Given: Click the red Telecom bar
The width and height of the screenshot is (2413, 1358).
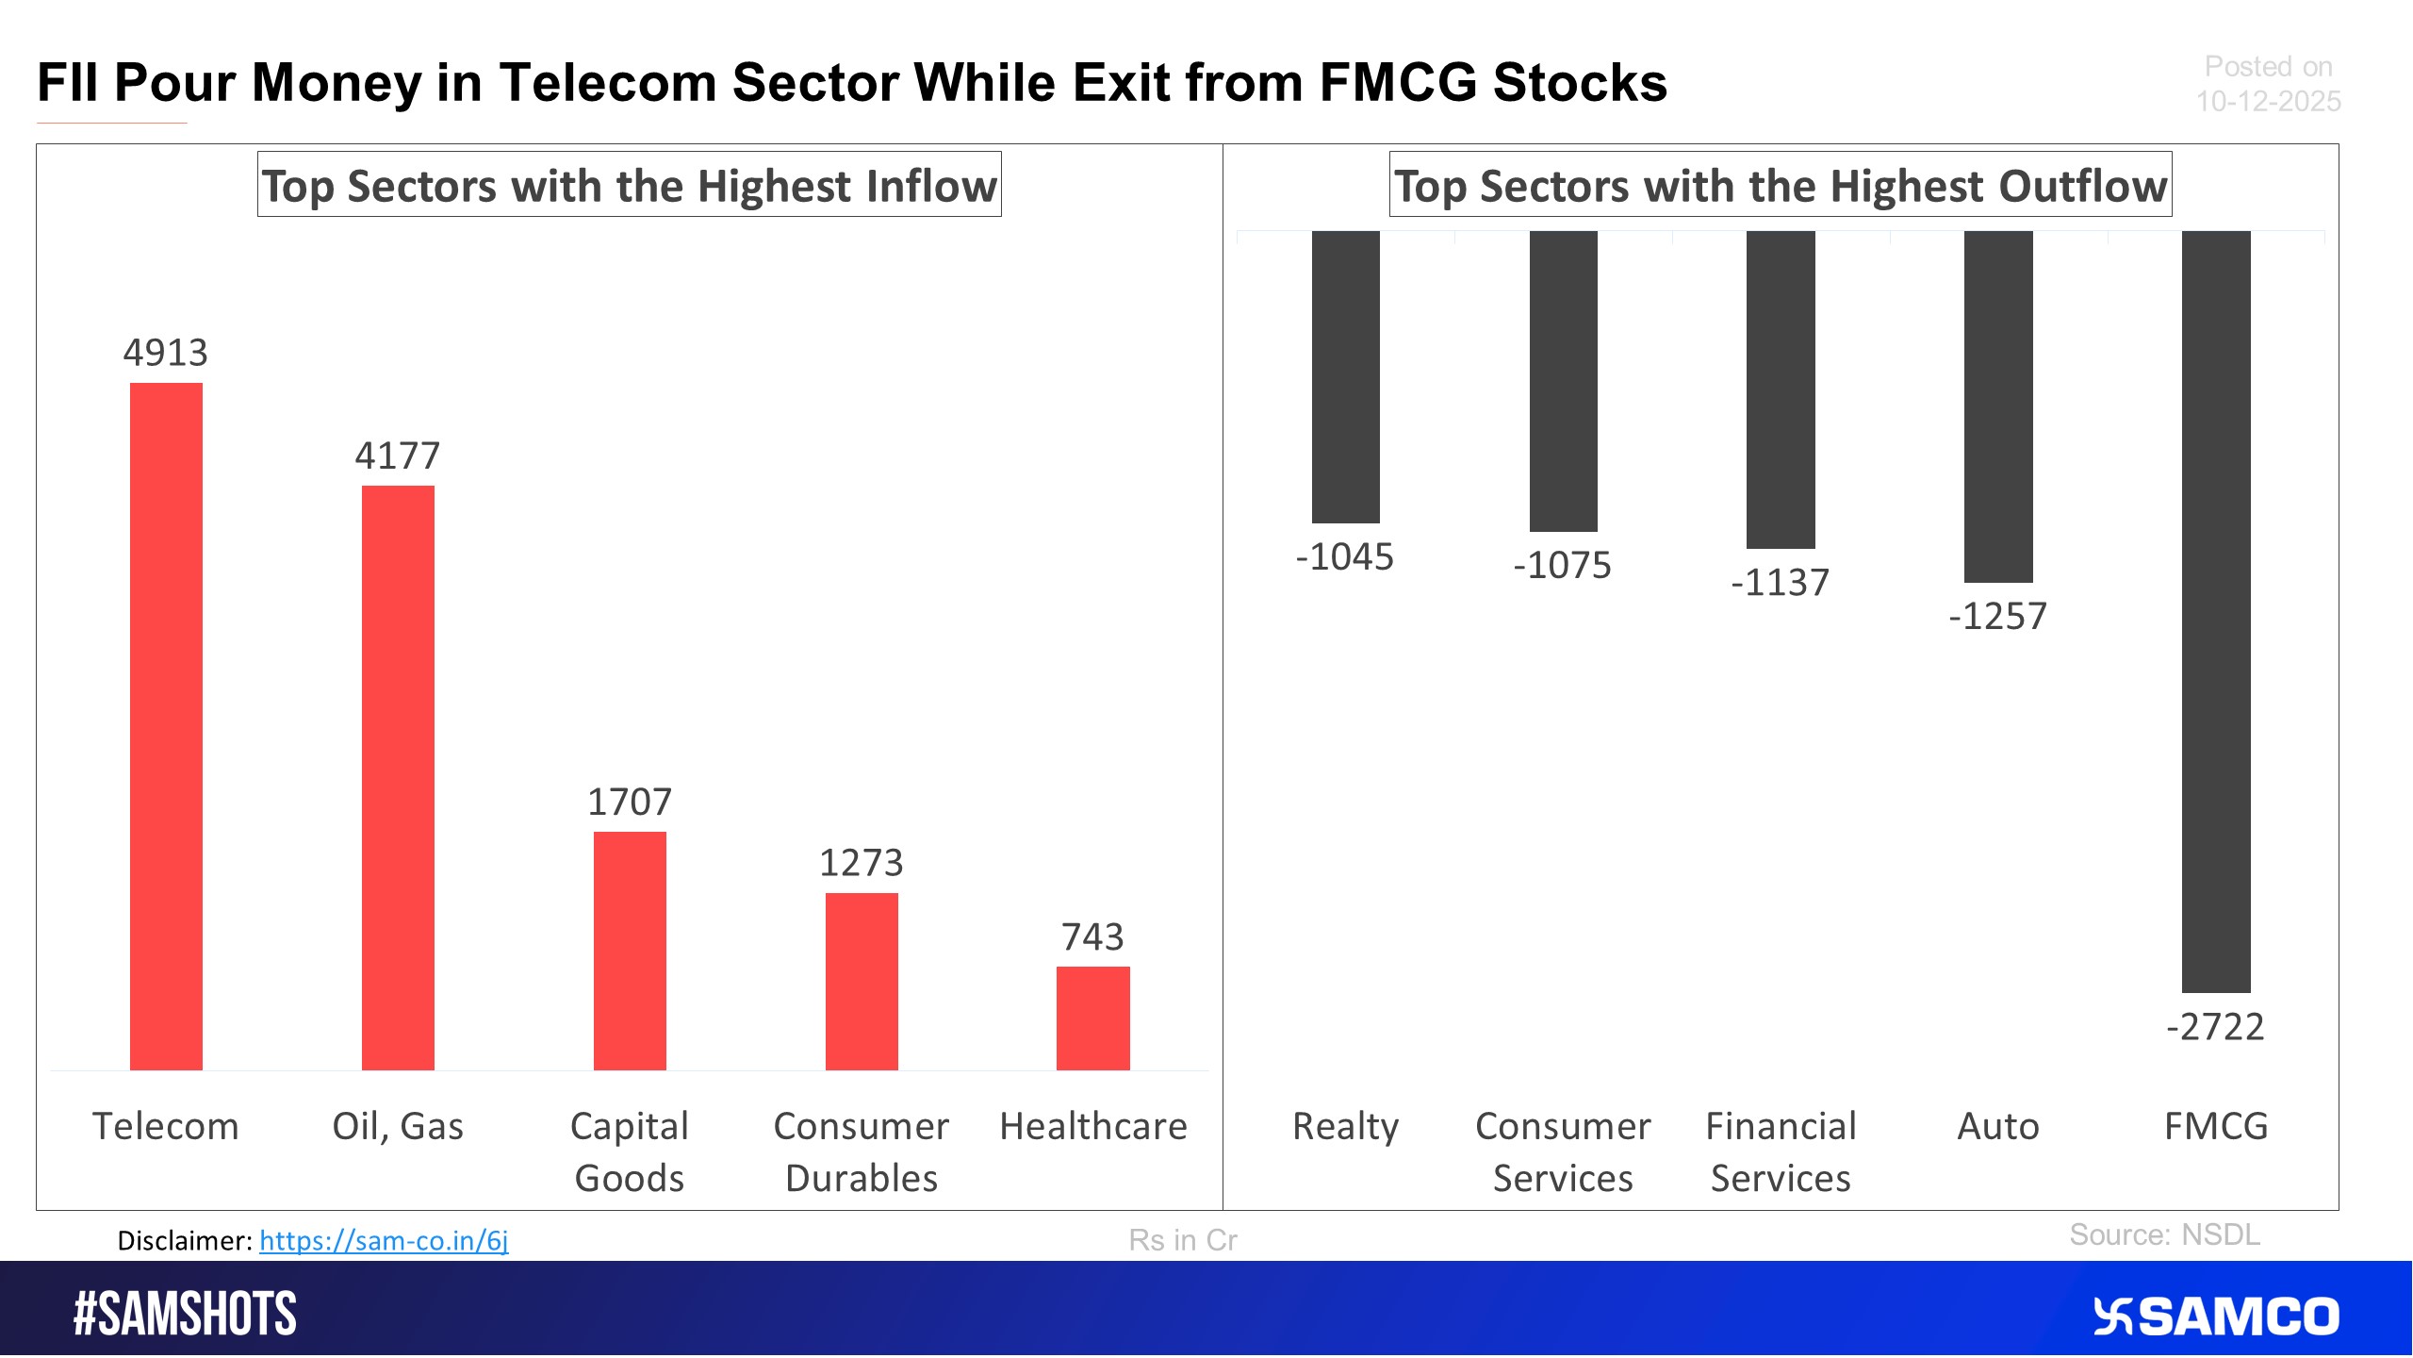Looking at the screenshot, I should (x=166, y=726).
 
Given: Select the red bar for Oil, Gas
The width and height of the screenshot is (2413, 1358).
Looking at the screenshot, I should (x=398, y=778).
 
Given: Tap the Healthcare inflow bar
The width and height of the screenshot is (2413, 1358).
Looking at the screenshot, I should (x=1092, y=1018).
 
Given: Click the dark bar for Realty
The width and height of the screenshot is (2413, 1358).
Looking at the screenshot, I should (x=1345, y=377).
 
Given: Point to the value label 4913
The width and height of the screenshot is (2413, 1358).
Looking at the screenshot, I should (x=166, y=353).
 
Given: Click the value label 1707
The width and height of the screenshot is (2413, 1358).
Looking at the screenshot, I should (x=630, y=803).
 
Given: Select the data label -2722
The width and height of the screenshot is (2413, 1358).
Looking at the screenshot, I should (x=2215, y=1027).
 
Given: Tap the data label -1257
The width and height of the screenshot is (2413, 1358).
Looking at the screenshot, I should (x=1997, y=617).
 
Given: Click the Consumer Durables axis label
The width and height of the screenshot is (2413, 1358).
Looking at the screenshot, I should (x=861, y=1151).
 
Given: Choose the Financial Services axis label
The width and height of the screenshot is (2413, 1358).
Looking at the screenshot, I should (x=1780, y=1151).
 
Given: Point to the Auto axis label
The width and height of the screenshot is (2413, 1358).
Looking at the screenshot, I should (x=1997, y=1127).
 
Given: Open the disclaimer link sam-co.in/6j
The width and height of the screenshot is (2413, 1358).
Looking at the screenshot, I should (x=384, y=1240).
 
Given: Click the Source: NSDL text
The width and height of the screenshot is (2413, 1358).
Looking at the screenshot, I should (x=2164, y=1234).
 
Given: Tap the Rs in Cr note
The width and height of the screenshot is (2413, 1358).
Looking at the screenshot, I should (x=1182, y=1240).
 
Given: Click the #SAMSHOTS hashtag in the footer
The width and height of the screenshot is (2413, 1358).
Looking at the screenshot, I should (x=185, y=1315).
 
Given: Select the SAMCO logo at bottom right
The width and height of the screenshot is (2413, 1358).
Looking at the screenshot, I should (x=2215, y=1317).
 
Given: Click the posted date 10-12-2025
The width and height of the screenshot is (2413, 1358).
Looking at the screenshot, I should (x=2268, y=101).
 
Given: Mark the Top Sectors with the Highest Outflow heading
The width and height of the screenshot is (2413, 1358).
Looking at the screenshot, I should (x=1780, y=186).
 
